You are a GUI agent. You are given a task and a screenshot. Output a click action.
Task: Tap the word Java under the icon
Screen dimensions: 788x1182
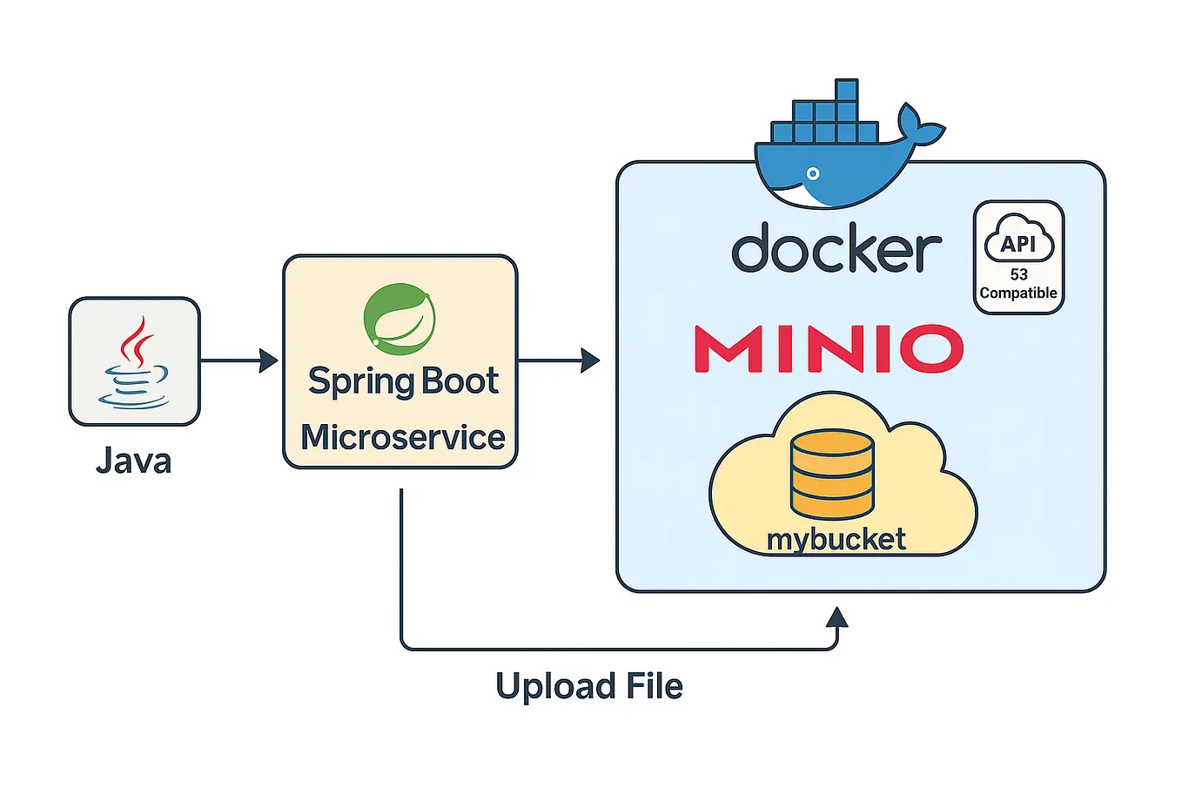[133, 461]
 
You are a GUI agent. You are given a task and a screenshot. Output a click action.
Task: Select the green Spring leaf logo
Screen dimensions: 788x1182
[400, 319]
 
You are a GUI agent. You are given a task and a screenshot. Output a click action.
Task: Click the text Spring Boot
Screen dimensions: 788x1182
[402, 381]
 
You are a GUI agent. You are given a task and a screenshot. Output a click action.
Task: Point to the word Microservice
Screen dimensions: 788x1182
[402, 437]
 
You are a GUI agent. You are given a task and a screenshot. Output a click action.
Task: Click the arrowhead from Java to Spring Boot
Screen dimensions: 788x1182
[269, 360]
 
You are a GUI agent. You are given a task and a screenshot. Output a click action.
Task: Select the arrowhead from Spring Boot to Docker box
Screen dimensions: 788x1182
[591, 360]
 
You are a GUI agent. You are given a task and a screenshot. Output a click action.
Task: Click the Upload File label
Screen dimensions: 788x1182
[588, 686]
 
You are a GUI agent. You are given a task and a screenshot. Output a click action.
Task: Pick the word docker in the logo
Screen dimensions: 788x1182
[836, 249]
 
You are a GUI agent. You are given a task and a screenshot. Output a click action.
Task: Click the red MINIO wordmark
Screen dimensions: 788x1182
[829, 348]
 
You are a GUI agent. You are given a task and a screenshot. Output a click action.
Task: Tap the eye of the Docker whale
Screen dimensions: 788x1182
[815, 173]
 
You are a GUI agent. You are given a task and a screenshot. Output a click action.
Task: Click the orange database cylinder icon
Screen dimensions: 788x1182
[831, 475]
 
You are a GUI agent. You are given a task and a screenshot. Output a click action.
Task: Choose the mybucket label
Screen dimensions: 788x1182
[836, 539]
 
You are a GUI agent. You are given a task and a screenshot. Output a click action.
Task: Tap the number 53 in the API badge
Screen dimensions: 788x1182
[1018, 274]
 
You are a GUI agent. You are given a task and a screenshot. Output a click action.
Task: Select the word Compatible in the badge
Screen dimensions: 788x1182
[1018, 293]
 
